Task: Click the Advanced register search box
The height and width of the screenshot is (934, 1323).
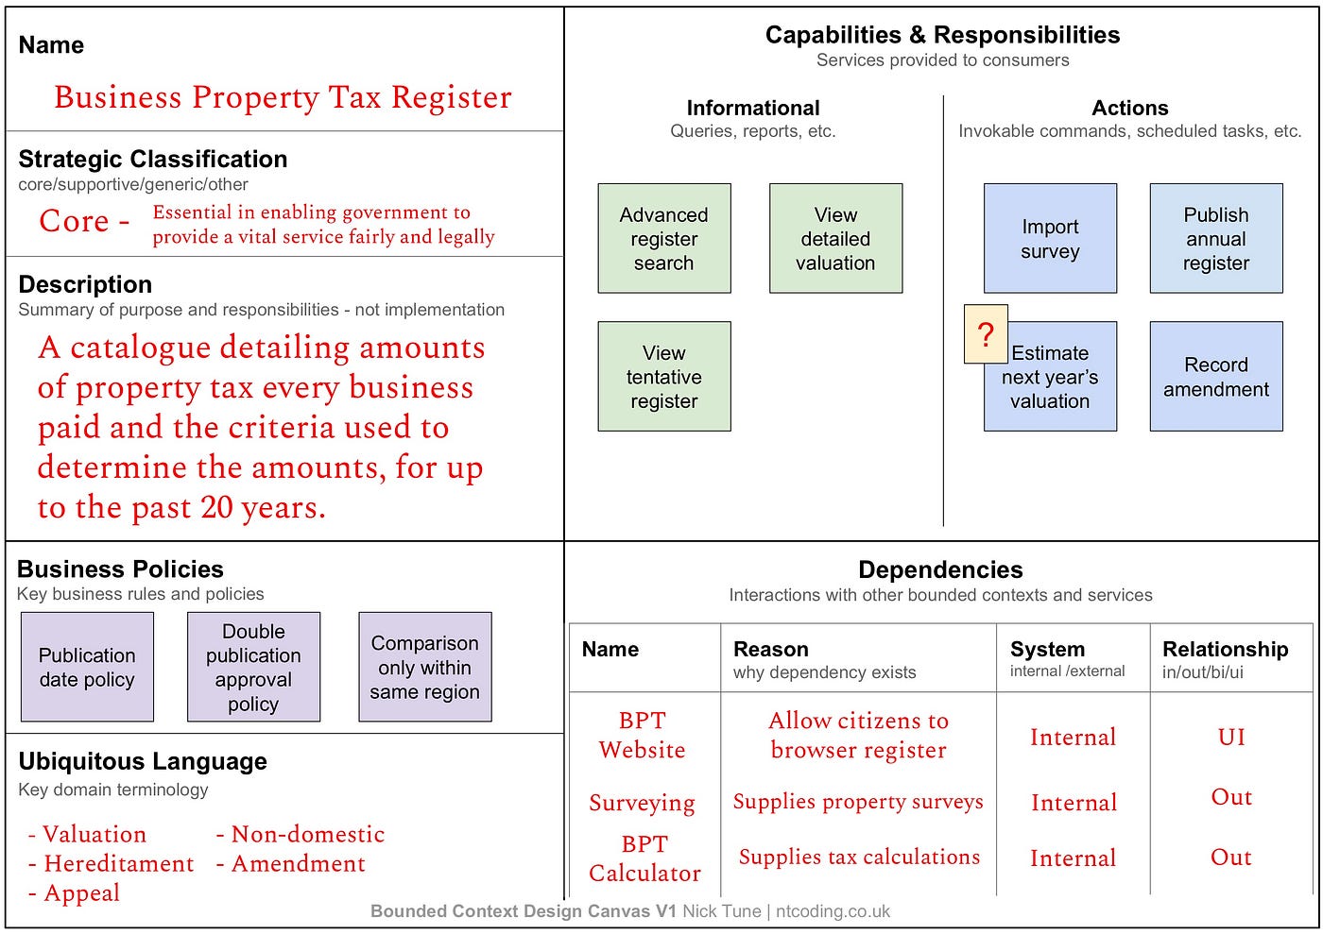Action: click(x=663, y=238)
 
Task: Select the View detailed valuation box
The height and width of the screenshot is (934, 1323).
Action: click(x=835, y=238)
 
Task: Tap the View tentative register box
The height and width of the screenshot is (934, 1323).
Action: click(x=663, y=376)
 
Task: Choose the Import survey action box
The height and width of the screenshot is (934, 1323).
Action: click(x=1050, y=238)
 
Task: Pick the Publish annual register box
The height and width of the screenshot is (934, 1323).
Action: click(x=1216, y=238)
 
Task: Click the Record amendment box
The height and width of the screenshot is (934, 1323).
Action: click(x=1216, y=376)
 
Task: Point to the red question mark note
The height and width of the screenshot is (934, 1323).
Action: click(x=986, y=334)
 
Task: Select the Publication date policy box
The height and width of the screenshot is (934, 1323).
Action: click(x=87, y=667)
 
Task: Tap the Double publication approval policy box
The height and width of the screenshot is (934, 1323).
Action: click(x=254, y=667)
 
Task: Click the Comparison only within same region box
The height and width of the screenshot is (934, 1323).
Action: click(x=425, y=667)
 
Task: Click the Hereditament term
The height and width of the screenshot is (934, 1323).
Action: click(x=119, y=863)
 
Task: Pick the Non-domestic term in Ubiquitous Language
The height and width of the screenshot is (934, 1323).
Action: click(x=308, y=834)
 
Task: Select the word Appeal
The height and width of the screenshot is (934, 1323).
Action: click(x=82, y=892)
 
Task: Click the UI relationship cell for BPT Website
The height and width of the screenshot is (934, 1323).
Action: click(x=1231, y=737)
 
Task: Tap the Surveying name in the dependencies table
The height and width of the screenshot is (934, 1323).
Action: click(x=642, y=803)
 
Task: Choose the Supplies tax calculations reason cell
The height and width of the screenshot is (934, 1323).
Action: click(x=859, y=857)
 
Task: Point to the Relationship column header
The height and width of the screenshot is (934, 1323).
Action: click(x=1226, y=649)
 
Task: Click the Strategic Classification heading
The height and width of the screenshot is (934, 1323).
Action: click(x=153, y=159)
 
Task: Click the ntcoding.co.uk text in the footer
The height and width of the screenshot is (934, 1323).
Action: click(x=833, y=911)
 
